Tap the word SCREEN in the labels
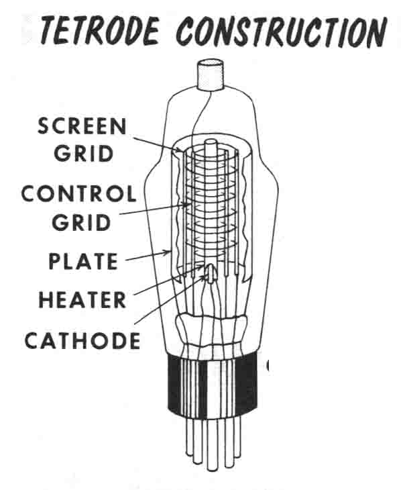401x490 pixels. click(82, 126)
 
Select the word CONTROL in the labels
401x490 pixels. click(78, 194)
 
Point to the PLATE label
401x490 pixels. click(83, 261)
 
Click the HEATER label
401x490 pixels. click(82, 299)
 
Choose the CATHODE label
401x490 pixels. click(82, 340)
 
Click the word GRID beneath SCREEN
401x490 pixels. click(83, 154)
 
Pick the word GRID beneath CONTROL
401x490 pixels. click(82, 222)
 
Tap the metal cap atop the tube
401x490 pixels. click(210, 75)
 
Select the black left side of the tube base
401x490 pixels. click(175, 383)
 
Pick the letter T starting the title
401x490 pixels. click(50, 30)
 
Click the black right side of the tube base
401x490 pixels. click(247, 383)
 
